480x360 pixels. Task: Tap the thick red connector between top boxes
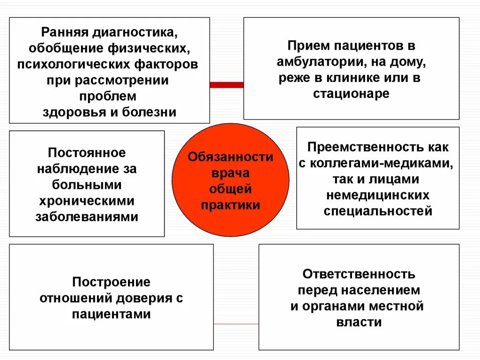tap(226, 85)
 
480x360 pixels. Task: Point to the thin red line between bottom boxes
tap(236, 324)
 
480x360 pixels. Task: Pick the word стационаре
tap(351, 93)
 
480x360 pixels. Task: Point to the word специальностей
tap(378, 211)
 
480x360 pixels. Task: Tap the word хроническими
tap(87, 201)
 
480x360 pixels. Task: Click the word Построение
tap(111, 282)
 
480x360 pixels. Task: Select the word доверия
tap(142, 298)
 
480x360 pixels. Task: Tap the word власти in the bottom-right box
tap(359, 322)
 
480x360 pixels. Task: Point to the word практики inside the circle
tap(230, 205)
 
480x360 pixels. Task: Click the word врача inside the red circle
tap(230, 173)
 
